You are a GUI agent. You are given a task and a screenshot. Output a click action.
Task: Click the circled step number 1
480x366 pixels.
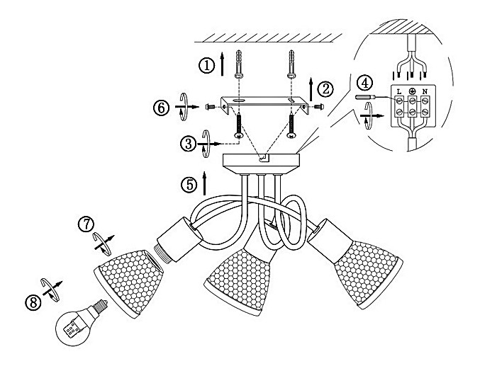pyautogui.click(x=206, y=65)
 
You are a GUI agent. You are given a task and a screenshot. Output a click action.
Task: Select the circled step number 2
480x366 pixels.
pyautogui.click(x=325, y=89)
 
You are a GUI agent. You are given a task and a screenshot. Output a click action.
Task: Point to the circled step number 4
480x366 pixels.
pyautogui.click(x=365, y=83)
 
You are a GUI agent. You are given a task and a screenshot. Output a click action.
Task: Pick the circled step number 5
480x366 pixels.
pyautogui.click(x=189, y=185)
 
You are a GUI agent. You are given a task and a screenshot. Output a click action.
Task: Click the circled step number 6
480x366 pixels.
pyautogui.click(x=162, y=108)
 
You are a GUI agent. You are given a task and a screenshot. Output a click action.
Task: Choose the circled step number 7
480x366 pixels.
pyautogui.click(x=86, y=224)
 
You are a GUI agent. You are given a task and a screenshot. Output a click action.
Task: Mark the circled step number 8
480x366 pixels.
pyautogui.click(x=33, y=303)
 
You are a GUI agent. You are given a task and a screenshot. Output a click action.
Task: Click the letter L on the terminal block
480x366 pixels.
pyautogui.click(x=399, y=91)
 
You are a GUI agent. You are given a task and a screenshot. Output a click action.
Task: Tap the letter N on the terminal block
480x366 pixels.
pyautogui.click(x=425, y=91)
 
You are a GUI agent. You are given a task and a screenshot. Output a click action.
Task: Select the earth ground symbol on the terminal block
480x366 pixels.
pyautogui.click(x=412, y=91)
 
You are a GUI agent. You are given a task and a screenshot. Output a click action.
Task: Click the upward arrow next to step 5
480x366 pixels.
pyautogui.click(x=204, y=183)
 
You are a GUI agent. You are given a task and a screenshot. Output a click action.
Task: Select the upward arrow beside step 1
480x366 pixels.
pyautogui.click(x=223, y=64)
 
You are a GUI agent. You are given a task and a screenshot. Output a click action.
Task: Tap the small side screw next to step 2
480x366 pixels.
pyautogui.click(x=319, y=106)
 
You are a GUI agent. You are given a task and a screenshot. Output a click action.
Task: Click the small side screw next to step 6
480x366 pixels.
pyautogui.click(x=210, y=106)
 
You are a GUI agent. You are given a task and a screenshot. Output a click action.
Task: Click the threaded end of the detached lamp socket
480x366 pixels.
pyautogui.click(x=162, y=252)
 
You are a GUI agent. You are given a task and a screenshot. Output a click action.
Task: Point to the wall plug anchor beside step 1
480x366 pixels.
pyautogui.click(x=239, y=64)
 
